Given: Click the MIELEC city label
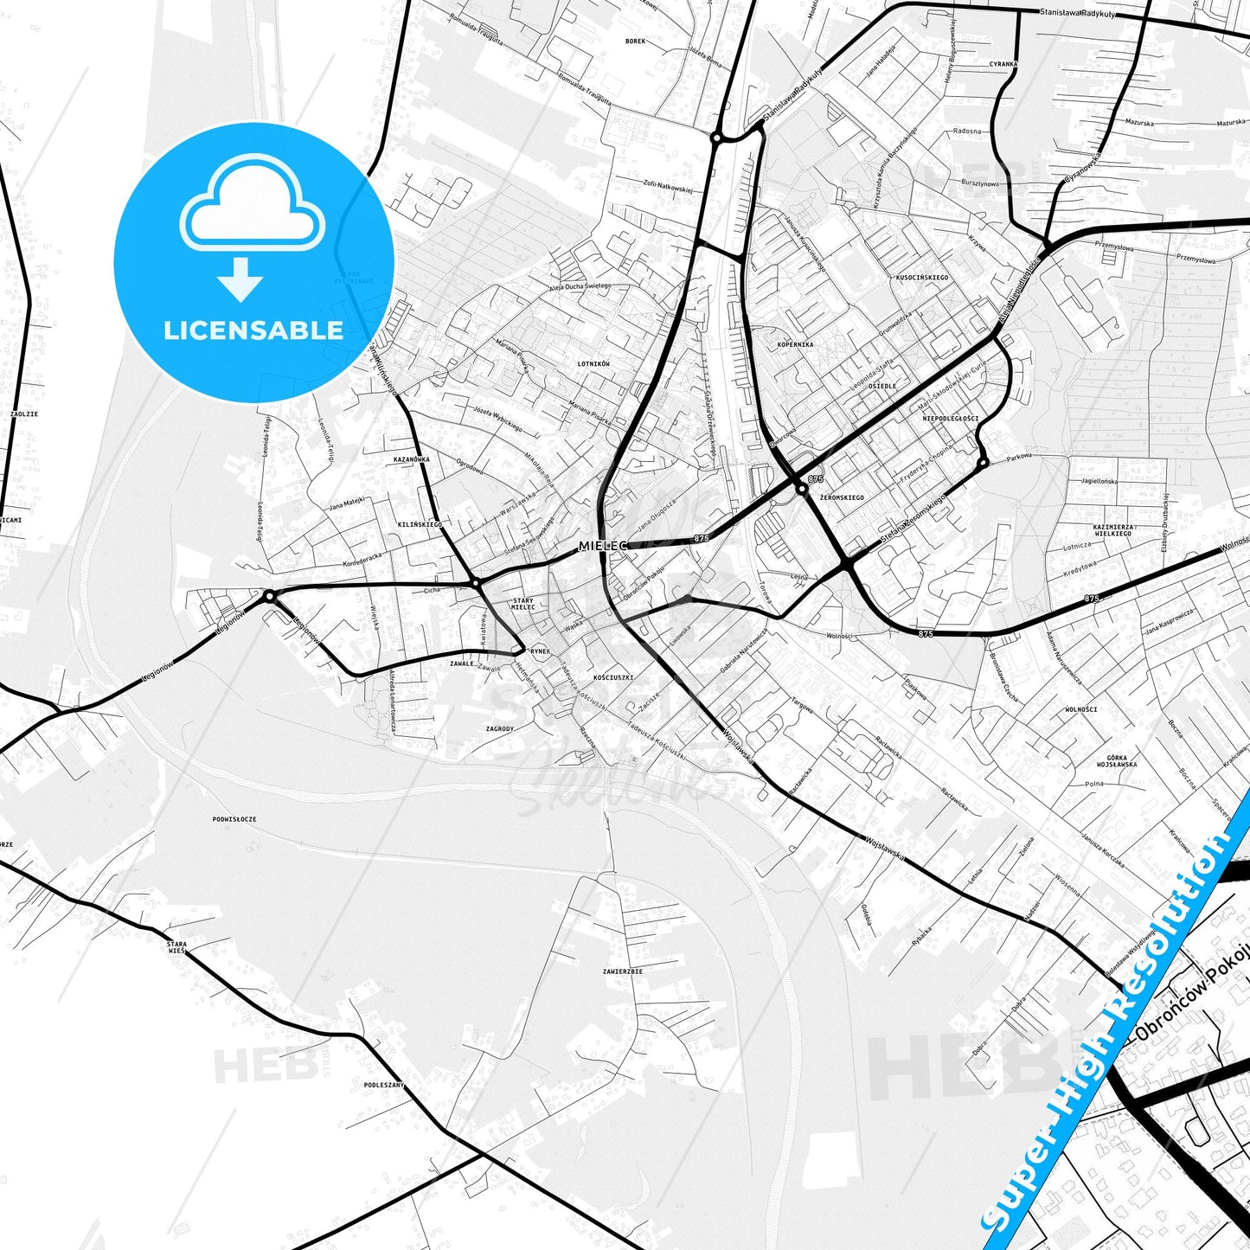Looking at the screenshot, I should [x=603, y=546].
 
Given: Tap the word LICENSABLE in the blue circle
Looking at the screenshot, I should [x=253, y=330].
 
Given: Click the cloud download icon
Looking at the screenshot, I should [x=252, y=227].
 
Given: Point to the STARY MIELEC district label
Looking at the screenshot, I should [x=523, y=604].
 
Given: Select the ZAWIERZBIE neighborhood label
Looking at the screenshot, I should [x=623, y=971].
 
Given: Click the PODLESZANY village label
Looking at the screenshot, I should [x=384, y=1084].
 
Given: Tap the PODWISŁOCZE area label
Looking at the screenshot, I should [x=234, y=818].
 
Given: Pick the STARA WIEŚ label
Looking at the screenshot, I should [x=176, y=946].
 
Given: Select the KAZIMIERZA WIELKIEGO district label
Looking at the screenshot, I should [x=1112, y=530].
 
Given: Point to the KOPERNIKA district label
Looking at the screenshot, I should [x=795, y=344].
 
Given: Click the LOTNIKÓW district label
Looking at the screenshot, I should [x=593, y=364].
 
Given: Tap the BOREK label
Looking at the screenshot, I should [x=636, y=41].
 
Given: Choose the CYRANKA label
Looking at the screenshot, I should [x=1003, y=64].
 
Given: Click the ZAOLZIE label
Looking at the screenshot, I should [x=24, y=413].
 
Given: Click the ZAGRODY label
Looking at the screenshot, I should [x=500, y=729].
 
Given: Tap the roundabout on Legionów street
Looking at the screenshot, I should [x=269, y=595].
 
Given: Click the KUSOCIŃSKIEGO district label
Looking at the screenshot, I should [x=922, y=278].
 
